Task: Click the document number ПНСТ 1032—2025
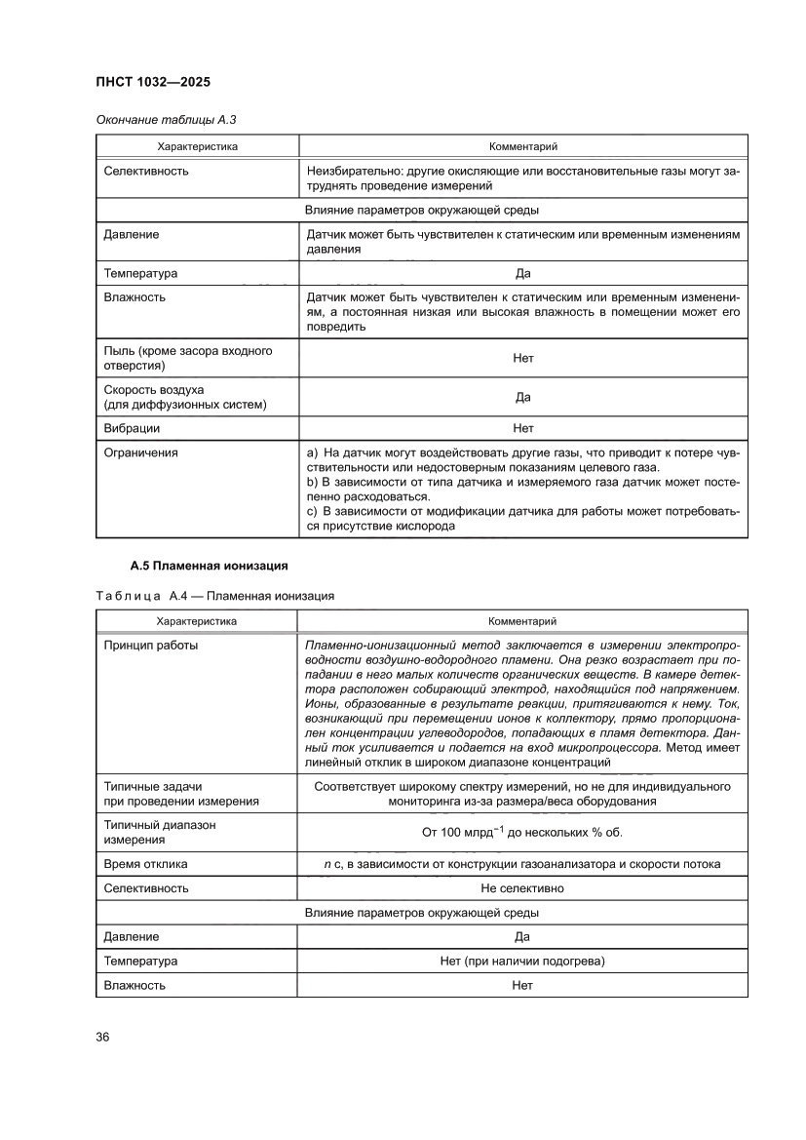point(154,82)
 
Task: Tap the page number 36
point(102,1037)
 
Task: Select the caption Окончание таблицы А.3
point(166,120)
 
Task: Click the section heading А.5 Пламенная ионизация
point(209,566)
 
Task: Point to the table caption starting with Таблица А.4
point(214,595)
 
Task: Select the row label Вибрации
point(132,428)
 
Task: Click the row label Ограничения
point(140,452)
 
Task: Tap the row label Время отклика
point(145,864)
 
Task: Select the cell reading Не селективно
point(521,888)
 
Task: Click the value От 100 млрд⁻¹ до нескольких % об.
point(521,832)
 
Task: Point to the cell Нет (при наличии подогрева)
point(521,962)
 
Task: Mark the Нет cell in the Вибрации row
point(522,428)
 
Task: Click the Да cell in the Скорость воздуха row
point(522,397)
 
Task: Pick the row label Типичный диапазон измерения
point(160,832)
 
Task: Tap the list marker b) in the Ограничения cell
point(313,483)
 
